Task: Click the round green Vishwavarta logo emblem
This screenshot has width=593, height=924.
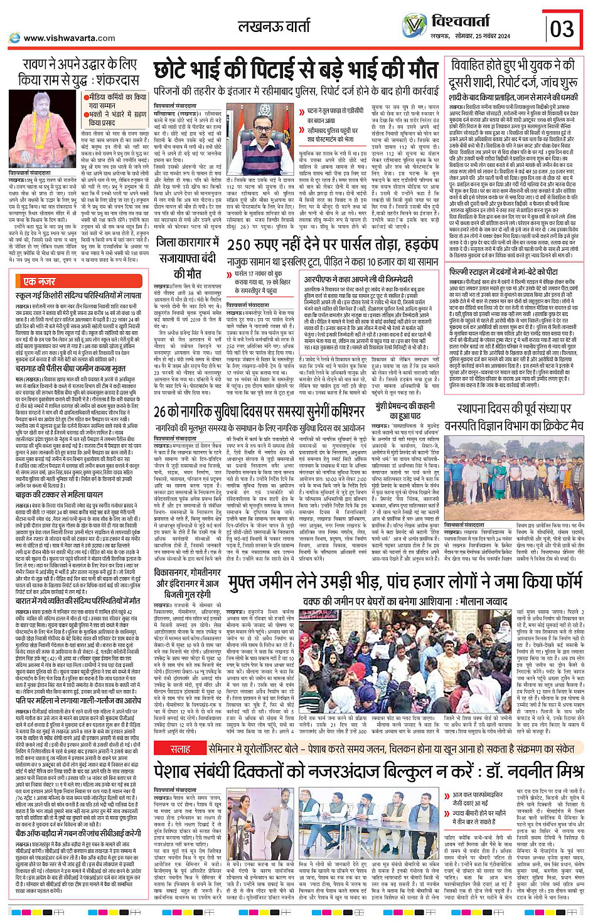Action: (414, 26)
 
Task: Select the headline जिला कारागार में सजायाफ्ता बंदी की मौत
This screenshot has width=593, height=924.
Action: (187, 257)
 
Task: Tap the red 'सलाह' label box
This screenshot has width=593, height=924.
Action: (181, 749)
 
